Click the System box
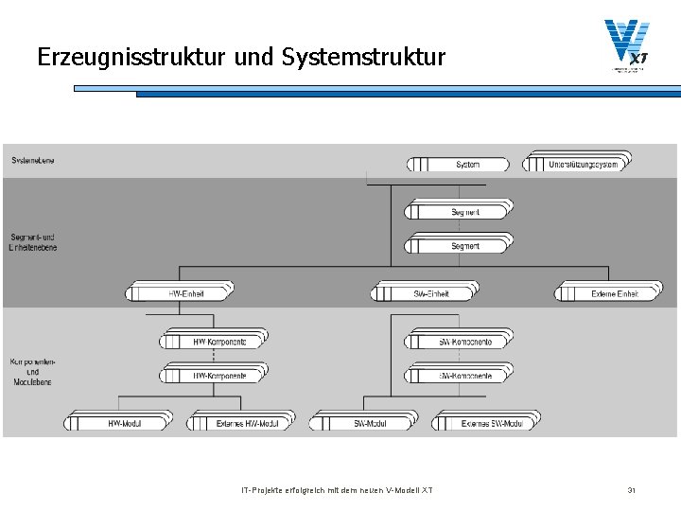click(x=458, y=165)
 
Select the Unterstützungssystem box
click(x=576, y=164)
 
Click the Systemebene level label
click(x=33, y=160)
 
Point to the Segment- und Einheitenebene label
click(x=33, y=241)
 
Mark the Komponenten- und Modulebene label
click(x=33, y=372)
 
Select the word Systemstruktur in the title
click(x=363, y=58)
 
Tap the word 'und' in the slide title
click(x=253, y=58)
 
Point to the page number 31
click(x=631, y=490)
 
